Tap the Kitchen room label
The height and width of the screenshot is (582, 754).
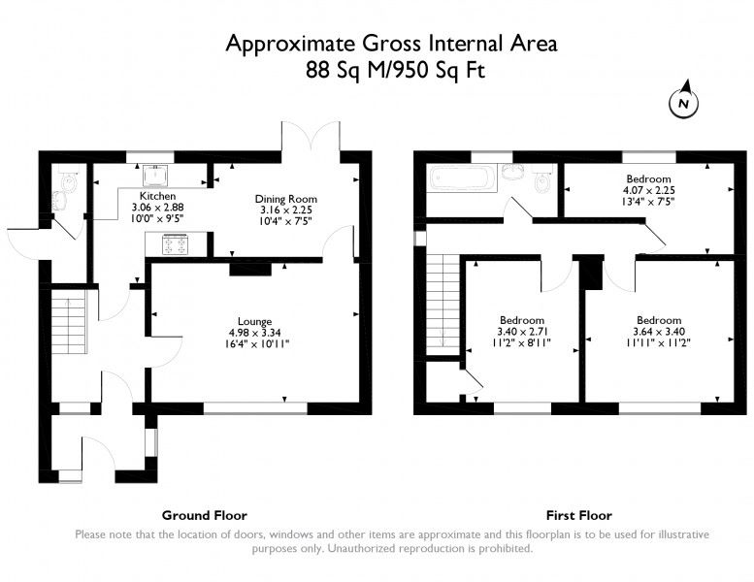158,196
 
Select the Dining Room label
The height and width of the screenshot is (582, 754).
286,199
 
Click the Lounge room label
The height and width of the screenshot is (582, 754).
255,321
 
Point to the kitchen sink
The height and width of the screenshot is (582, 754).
156,176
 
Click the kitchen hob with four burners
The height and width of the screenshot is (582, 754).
174,245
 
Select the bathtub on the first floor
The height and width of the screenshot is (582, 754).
461,178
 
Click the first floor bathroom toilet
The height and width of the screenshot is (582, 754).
543,178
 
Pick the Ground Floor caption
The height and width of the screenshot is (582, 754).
205,516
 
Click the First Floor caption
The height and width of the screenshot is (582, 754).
579,516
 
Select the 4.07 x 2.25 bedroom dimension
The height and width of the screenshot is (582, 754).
648,190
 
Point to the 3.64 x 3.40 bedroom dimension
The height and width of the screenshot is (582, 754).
659,332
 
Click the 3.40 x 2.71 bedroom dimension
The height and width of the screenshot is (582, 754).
522,332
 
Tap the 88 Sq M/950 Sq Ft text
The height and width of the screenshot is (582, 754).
395,70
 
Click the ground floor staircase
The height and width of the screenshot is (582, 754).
69,321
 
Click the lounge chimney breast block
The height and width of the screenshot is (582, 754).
250,269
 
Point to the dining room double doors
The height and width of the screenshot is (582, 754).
311,137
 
